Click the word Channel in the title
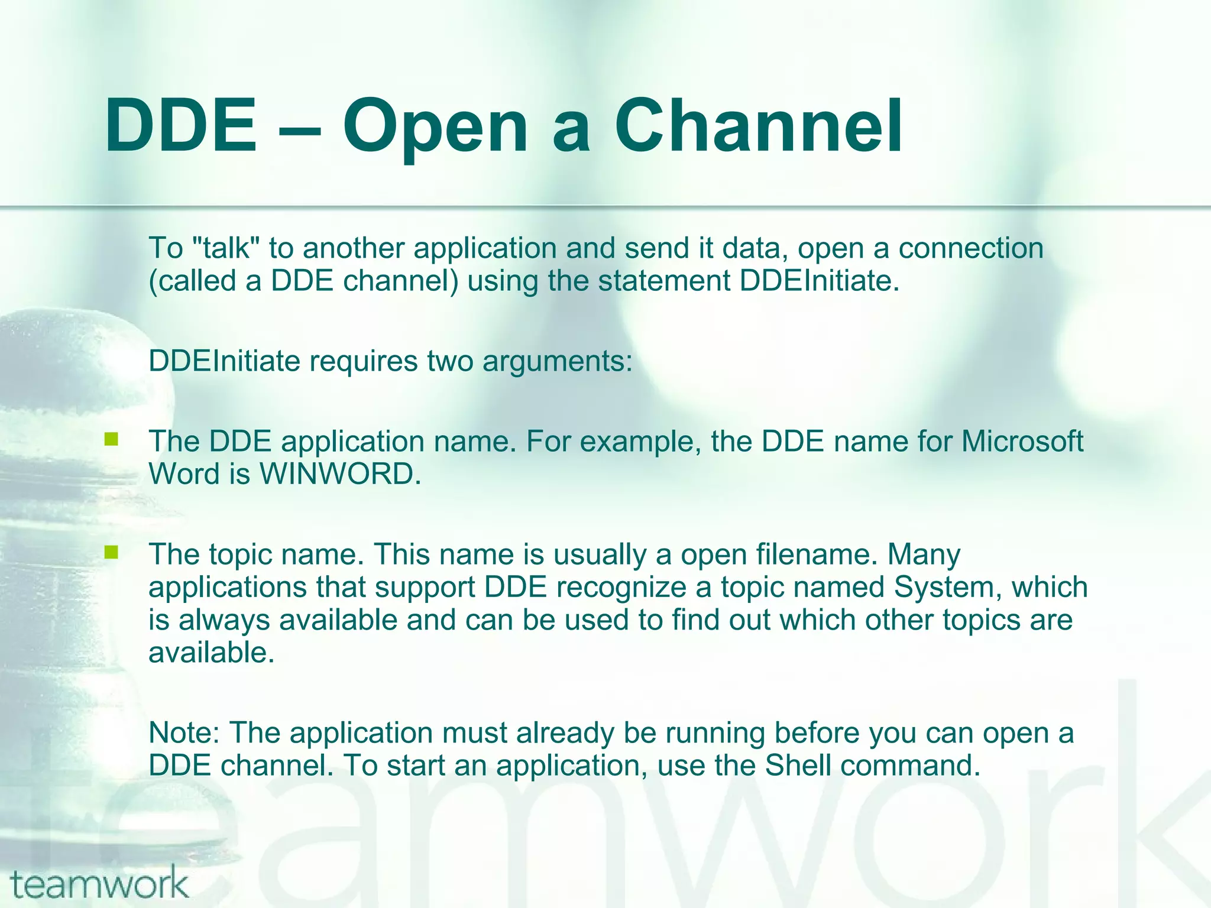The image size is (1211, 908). coord(758,125)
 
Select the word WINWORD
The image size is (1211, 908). coord(340,474)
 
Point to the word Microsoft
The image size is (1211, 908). coord(1022,441)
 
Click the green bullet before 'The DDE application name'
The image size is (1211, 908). coord(111,439)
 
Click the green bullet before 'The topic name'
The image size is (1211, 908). coord(111,552)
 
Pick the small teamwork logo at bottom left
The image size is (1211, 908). coord(99,885)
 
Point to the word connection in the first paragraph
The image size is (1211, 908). coord(971,248)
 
